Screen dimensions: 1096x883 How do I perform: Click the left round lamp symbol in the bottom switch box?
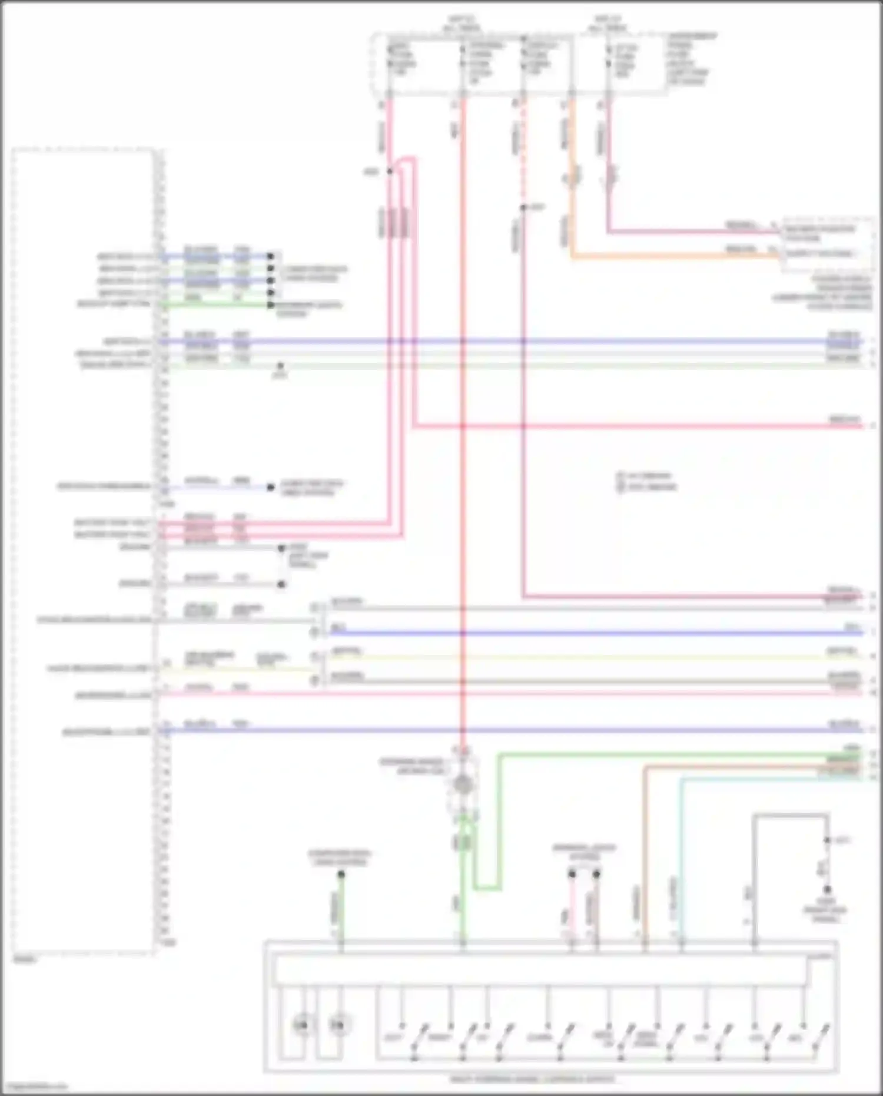click(x=301, y=1025)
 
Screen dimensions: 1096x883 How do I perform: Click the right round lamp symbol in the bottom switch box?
click(x=337, y=1025)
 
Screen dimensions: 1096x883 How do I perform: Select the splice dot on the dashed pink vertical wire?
click(x=523, y=207)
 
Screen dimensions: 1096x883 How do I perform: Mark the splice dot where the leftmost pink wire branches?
click(x=390, y=171)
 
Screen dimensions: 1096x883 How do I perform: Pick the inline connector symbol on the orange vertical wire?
click(x=570, y=177)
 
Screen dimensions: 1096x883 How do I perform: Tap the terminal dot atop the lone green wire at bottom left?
click(x=341, y=875)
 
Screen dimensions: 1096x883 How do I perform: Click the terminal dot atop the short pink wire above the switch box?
click(x=572, y=874)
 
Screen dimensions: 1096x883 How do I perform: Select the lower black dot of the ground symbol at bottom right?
click(x=827, y=889)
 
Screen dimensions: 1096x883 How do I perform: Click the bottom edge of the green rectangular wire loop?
click(x=487, y=888)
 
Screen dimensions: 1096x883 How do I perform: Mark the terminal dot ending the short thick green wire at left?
click(x=271, y=305)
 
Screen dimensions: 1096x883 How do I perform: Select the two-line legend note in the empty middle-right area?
click(x=646, y=481)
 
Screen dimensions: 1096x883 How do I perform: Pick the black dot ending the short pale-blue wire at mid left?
click(x=271, y=488)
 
